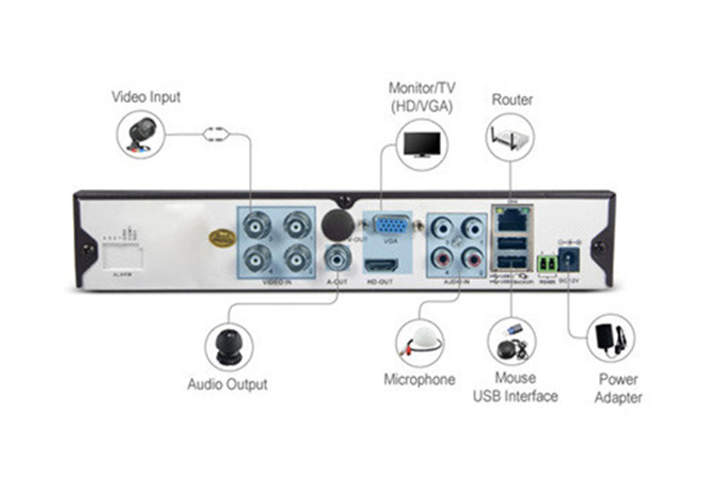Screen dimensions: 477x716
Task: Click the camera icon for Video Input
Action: (x=141, y=135)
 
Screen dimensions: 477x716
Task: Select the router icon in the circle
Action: (x=513, y=139)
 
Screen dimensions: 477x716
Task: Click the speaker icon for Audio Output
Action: (x=229, y=344)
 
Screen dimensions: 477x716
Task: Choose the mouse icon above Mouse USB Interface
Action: (x=514, y=341)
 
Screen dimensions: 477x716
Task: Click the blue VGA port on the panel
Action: (x=388, y=226)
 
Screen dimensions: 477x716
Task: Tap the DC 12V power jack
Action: (x=569, y=260)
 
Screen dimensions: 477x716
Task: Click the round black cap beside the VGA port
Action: (x=337, y=222)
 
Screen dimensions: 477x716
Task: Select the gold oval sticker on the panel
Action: (x=220, y=237)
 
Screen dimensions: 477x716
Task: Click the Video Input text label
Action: (x=146, y=96)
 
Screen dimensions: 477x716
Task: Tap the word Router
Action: (x=512, y=99)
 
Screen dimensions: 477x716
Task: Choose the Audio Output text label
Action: (x=227, y=384)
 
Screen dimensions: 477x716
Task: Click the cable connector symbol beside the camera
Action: (x=216, y=135)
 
